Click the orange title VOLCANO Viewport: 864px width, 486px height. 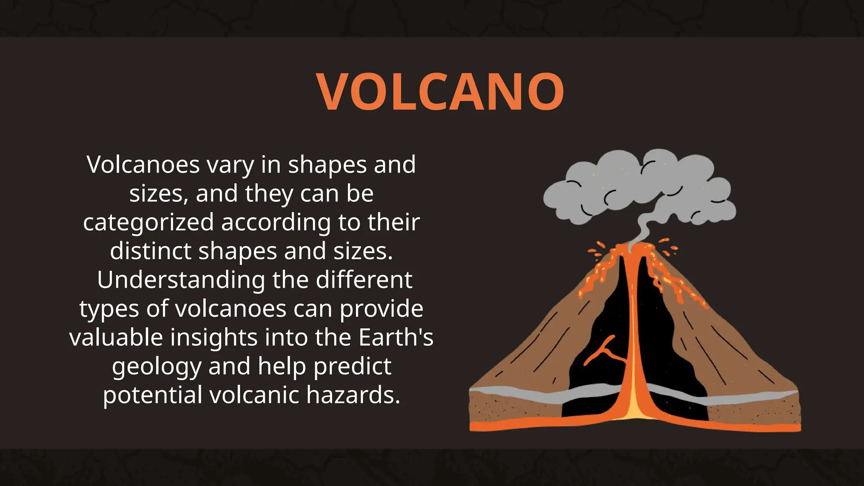tap(440, 92)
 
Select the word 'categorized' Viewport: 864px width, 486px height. tap(148, 222)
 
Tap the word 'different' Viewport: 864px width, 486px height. tap(364, 280)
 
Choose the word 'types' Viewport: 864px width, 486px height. tap(109, 309)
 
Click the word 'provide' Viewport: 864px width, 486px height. tap(381, 309)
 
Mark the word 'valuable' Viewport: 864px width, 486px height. tap(116, 337)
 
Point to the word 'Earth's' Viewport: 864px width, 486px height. tap(396, 337)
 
